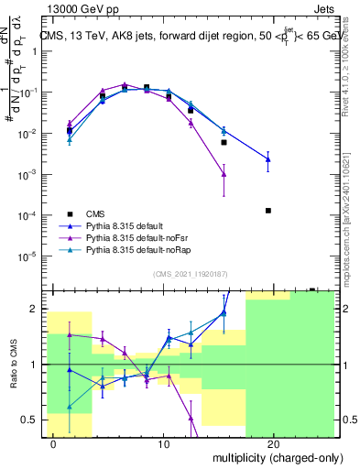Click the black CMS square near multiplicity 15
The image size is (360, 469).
224,142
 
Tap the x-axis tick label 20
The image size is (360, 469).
274,444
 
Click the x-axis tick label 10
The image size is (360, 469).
164,444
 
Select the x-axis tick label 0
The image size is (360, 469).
54,444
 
